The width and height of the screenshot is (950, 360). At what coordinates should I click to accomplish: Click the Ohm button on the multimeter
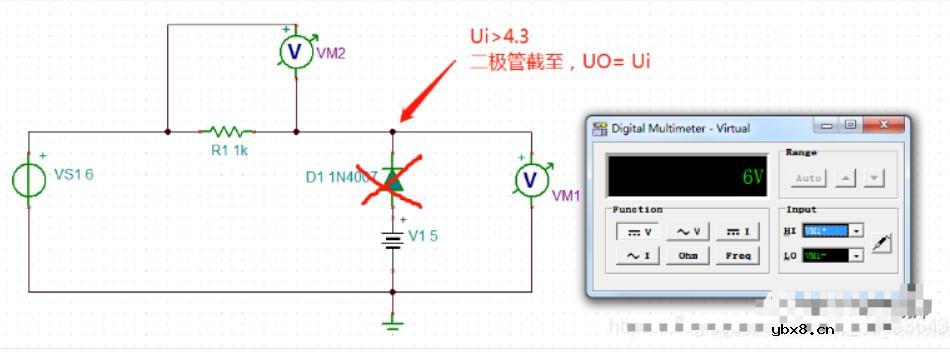(688, 256)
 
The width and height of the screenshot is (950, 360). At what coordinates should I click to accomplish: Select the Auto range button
(809, 178)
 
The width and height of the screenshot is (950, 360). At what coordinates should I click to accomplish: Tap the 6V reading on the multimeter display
(753, 177)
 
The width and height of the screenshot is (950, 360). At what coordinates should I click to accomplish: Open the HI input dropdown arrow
(857, 231)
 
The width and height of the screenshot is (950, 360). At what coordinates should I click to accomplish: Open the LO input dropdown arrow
(857, 256)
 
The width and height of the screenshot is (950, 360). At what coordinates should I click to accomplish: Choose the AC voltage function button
(688, 232)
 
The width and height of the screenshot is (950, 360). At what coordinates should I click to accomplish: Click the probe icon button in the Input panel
(881, 242)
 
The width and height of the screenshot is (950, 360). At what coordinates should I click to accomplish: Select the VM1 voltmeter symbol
(533, 179)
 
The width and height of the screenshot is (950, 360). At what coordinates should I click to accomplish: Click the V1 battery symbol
(392, 238)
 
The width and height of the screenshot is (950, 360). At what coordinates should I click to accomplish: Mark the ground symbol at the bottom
(393, 322)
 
